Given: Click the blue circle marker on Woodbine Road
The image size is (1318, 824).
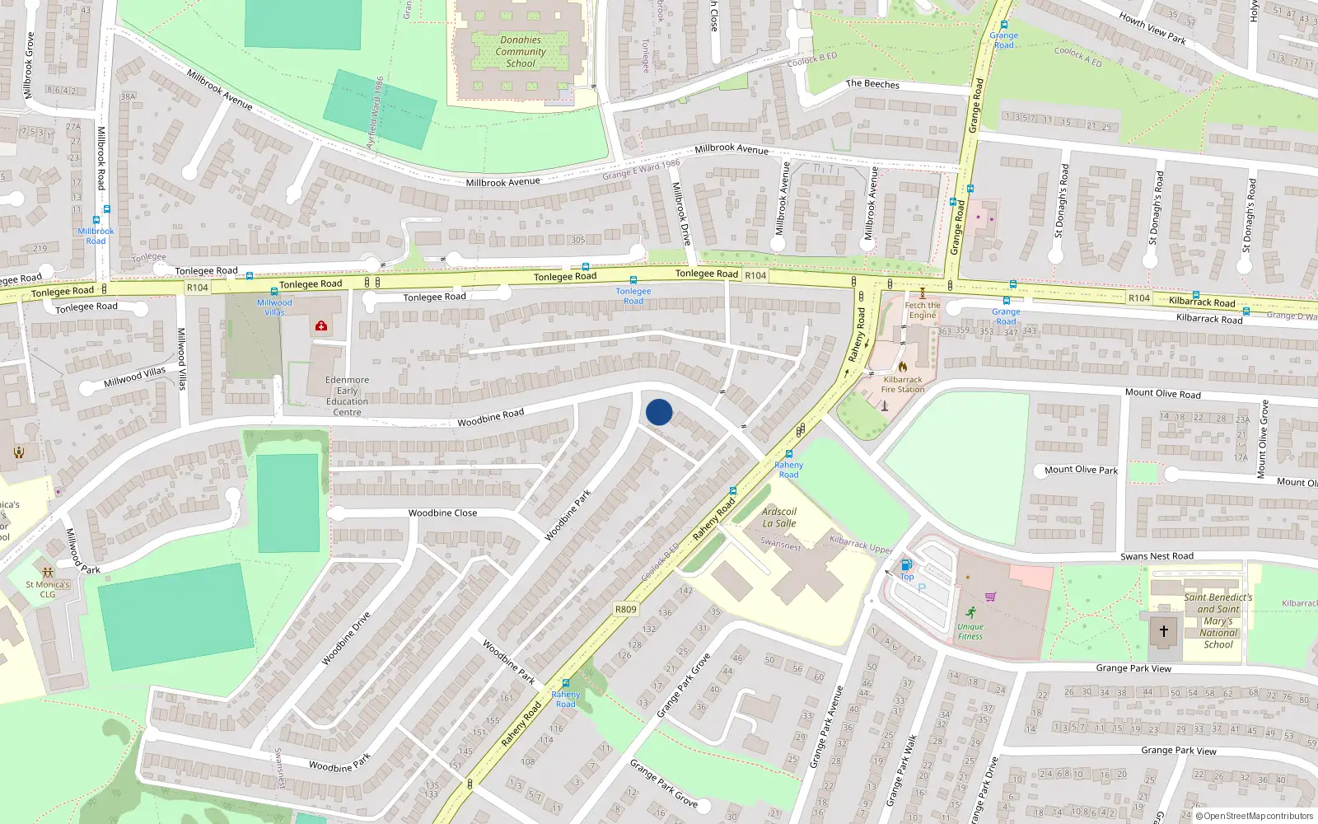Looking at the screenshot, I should point(659,412).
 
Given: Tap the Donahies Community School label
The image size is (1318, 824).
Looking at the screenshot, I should point(521,51).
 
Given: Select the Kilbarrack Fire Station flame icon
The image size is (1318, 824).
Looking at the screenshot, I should point(903,368).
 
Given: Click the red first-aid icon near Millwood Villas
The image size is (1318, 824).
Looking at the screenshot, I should point(321,326).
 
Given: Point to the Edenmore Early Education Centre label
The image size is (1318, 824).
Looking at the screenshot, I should point(347,396).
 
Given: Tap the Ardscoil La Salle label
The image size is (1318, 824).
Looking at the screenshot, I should point(778,517).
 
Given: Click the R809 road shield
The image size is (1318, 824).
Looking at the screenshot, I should point(626,610).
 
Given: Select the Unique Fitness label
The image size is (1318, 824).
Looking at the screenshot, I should point(970,631).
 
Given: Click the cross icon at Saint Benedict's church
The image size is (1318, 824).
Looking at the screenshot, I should point(1164,631).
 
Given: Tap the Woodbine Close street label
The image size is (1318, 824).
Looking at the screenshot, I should point(442,513).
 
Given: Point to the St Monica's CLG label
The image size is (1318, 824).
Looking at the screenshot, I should point(48,589).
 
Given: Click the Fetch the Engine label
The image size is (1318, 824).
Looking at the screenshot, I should point(923,310).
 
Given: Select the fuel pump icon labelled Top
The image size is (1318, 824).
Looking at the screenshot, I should point(906,565).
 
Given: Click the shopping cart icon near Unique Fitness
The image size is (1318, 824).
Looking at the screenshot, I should point(991,597).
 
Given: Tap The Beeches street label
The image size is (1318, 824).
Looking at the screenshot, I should point(872,84).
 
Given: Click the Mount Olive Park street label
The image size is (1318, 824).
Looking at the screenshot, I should point(1081,470).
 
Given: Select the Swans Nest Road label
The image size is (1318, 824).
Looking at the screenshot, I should point(1157,556).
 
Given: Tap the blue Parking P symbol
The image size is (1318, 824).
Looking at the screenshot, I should point(922,588).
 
